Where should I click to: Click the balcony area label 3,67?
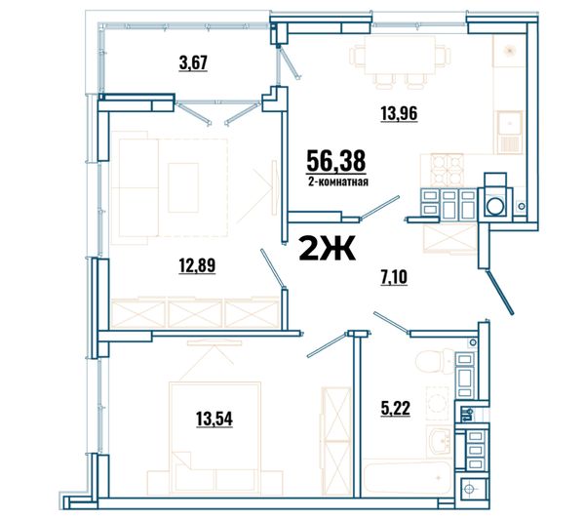(193, 62)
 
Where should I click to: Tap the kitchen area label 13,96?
(399, 113)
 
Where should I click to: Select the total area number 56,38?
(335, 161)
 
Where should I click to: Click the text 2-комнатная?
(338, 181)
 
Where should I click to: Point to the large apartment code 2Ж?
(327, 249)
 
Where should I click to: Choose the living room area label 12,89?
(197, 265)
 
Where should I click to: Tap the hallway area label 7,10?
(394, 277)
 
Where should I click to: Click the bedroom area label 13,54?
(214, 419)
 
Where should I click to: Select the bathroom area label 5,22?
(396, 408)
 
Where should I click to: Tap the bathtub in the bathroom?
(409, 479)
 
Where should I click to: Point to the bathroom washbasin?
(440, 441)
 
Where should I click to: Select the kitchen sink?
(509, 132)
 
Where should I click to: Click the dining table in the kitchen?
(400, 55)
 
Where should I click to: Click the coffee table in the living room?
(183, 187)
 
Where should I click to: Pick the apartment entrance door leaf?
(500, 292)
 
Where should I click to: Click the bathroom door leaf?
(392, 322)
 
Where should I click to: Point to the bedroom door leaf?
(328, 345)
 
